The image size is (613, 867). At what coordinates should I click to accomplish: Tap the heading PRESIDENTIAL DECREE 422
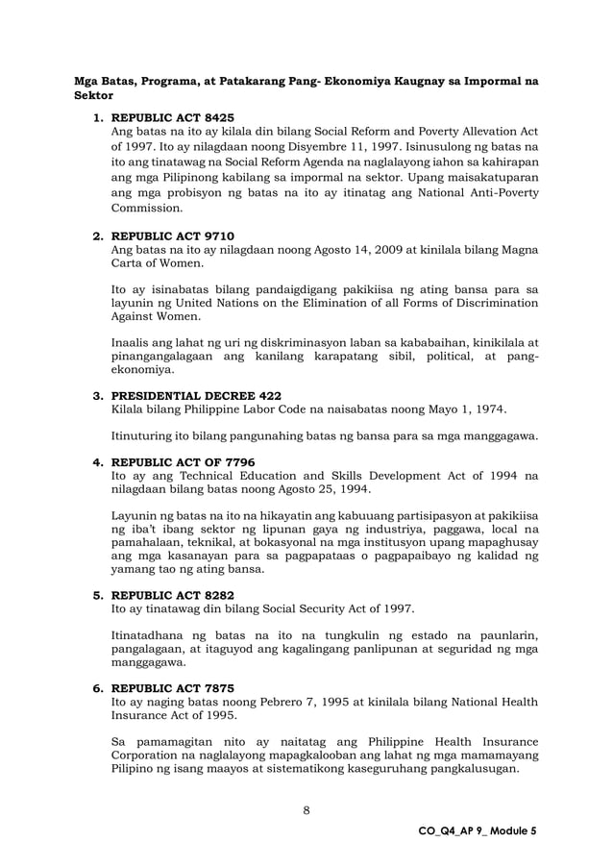coord(196,394)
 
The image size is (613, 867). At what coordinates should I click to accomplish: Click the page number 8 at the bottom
coord(306,809)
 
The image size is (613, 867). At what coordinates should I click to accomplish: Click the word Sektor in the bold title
coord(93,97)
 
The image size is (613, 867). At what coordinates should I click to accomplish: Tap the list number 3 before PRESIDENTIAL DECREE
coord(96,394)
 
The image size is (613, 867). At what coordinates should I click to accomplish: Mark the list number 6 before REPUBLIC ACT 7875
coord(96,687)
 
